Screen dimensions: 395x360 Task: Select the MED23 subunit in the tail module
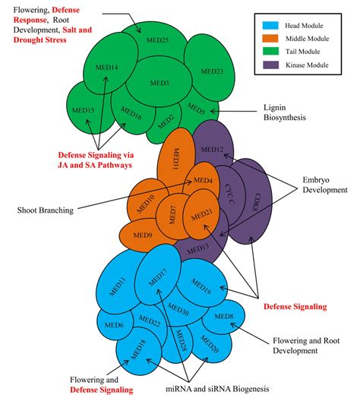212,71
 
